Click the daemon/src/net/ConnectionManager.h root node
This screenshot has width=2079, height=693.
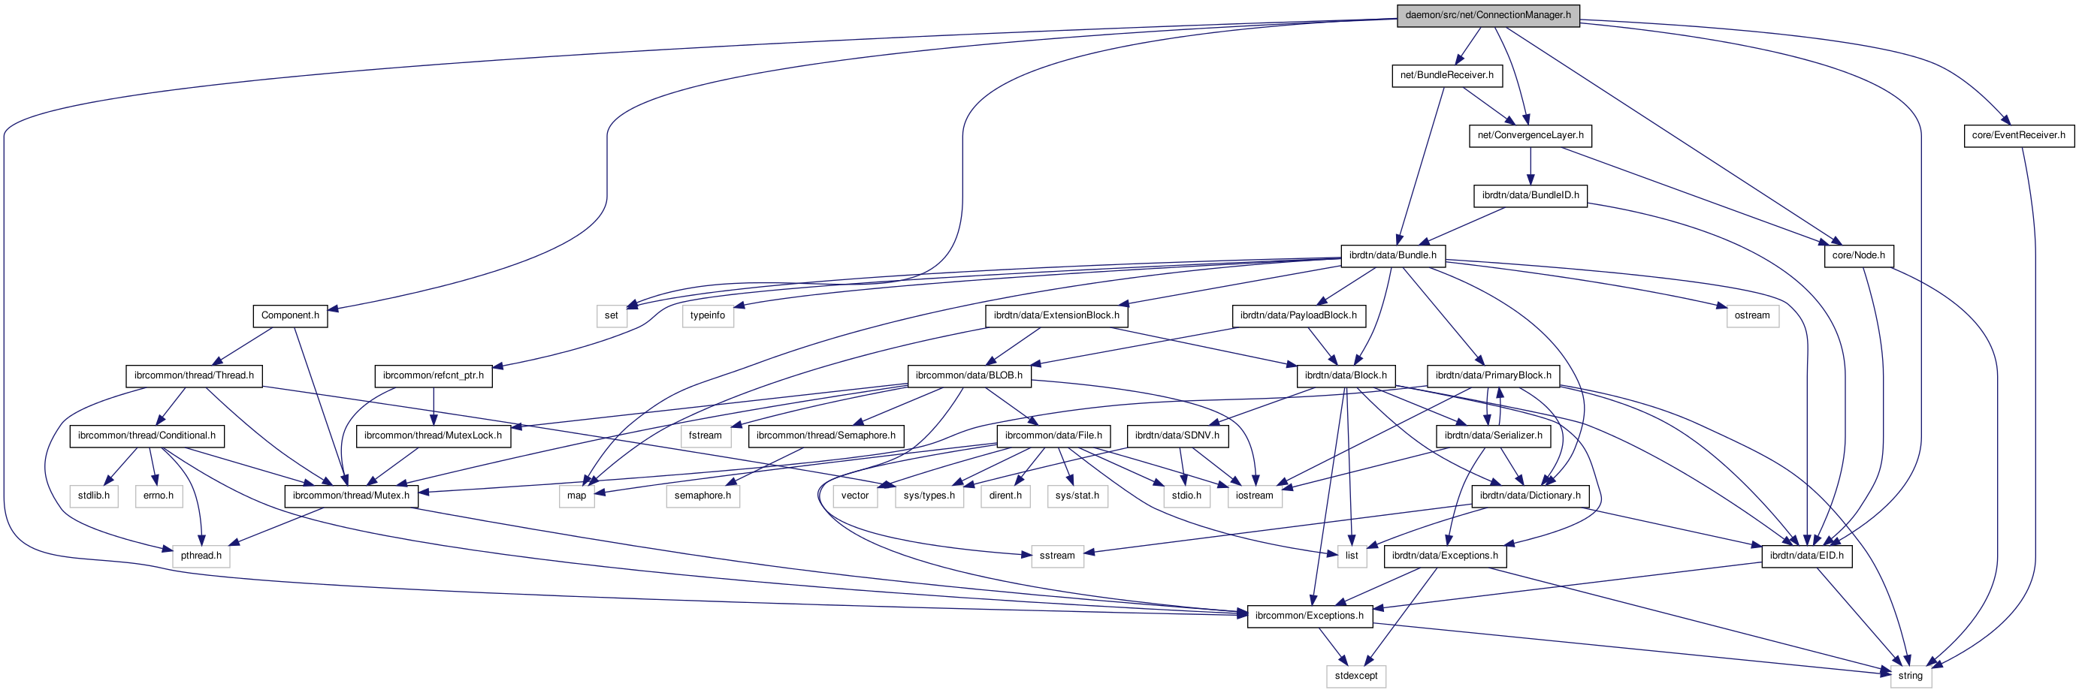click(1488, 15)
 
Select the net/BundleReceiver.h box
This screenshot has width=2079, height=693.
click(1446, 75)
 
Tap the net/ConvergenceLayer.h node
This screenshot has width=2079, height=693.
click(1530, 136)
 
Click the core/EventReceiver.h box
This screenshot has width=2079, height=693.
click(2017, 136)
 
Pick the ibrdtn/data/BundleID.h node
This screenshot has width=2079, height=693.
click(1530, 195)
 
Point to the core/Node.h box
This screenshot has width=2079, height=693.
click(1858, 256)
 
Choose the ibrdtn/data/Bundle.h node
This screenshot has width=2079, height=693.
click(1392, 256)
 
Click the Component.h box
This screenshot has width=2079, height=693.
click(290, 315)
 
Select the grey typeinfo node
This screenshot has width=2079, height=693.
click(707, 315)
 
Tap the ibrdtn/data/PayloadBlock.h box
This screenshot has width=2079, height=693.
click(1298, 315)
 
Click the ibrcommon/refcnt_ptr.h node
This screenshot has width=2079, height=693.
click(433, 376)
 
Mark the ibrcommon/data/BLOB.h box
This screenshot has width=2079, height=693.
click(968, 376)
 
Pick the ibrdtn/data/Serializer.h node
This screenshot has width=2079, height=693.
click(1492, 435)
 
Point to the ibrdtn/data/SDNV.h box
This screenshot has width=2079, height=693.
click(1177, 435)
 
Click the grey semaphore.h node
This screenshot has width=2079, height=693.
click(703, 496)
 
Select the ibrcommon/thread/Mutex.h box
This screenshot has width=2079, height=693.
click(350, 496)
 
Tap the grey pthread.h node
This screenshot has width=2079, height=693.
click(201, 556)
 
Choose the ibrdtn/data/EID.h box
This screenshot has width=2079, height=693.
click(1806, 556)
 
